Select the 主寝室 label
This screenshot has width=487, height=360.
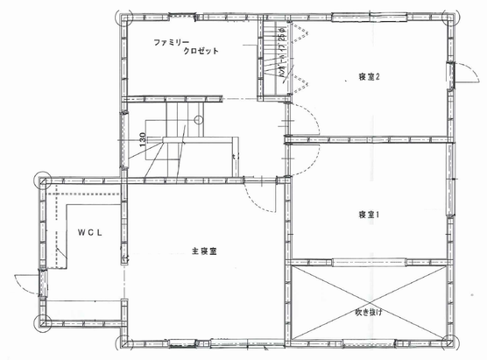(204, 251)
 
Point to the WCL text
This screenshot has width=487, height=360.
(90, 232)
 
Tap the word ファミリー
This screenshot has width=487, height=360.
(173, 42)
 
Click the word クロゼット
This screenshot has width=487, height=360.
(201, 52)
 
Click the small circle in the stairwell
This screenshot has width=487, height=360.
(199, 118)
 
